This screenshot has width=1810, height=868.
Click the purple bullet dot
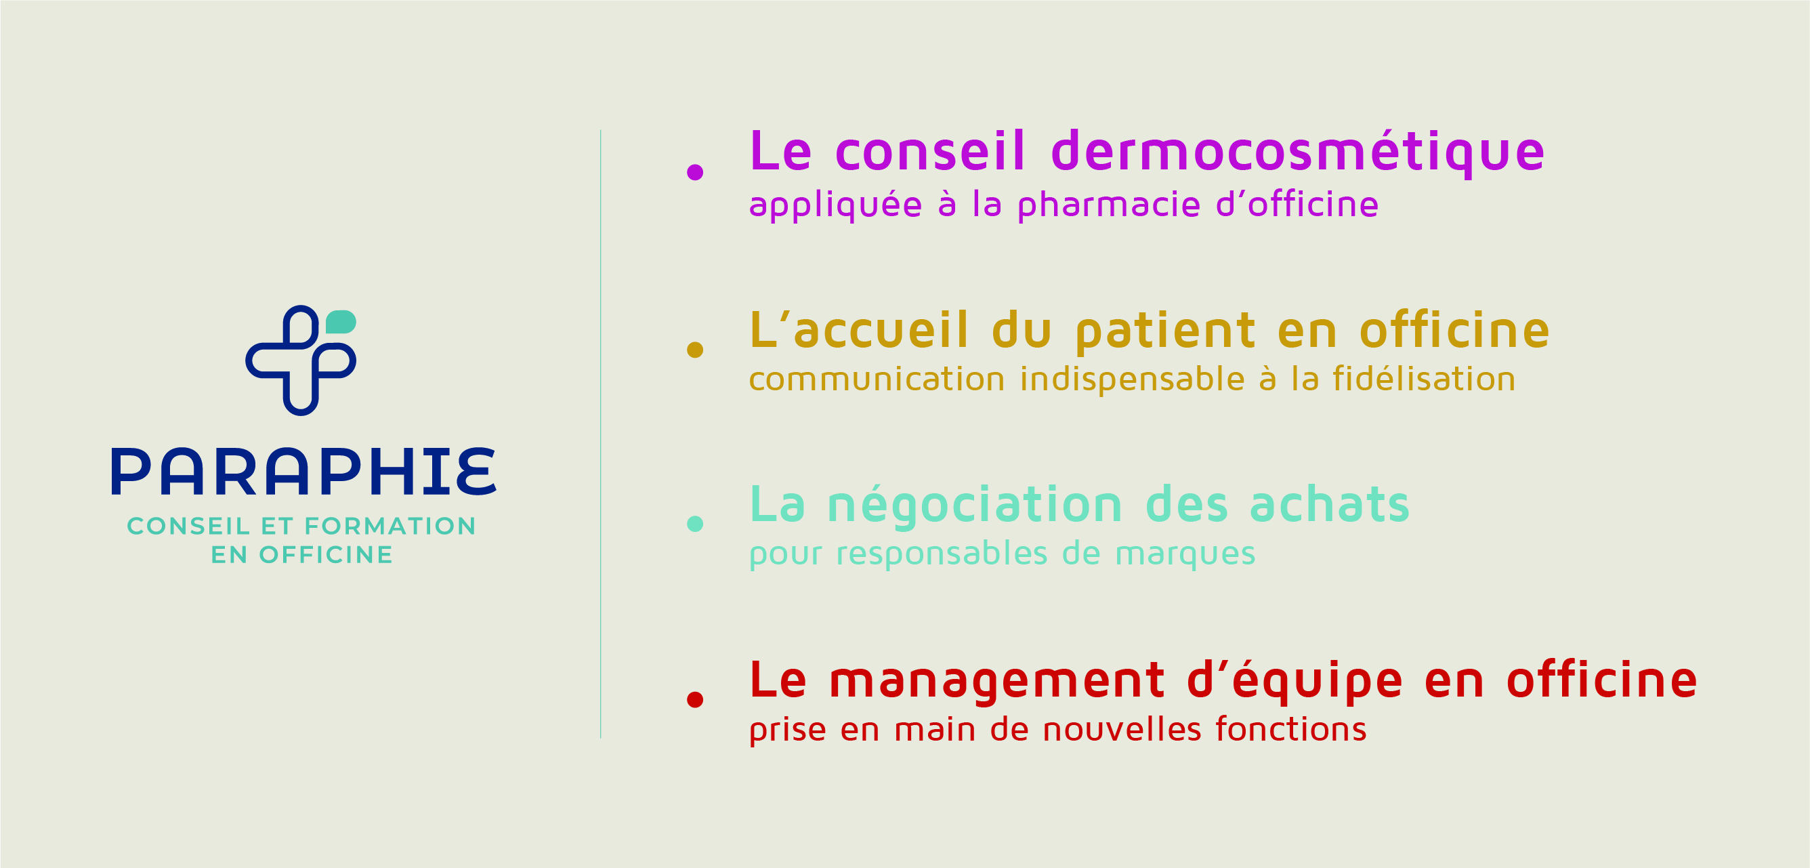[x=695, y=172]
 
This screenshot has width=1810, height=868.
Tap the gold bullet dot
[x=695, y=350]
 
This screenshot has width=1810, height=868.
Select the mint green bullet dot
[x=695, y=524]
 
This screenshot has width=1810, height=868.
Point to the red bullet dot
[x=695, y=699]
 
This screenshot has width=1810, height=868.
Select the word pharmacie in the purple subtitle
[x=1110, y=205]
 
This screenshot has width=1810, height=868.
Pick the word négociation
[x=975, y=505]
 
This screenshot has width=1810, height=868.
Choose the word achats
[x=1330, y=504]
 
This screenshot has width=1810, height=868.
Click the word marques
[x=1185, y=554]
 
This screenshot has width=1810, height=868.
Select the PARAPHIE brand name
[x=303, y=471]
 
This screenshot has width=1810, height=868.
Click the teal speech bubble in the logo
[x=341, y=322]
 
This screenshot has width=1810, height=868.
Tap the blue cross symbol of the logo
[x=301, y=360]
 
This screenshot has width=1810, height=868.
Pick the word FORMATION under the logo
[x=390, y=526]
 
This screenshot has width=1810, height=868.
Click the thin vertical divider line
[x=601, y=434]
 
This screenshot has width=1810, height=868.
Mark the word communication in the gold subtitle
[x=877, y=379]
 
